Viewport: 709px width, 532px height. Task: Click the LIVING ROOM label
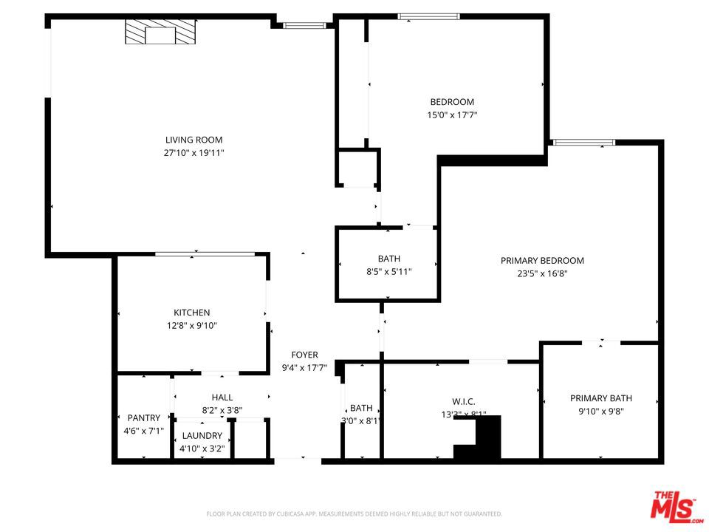pos(193,140)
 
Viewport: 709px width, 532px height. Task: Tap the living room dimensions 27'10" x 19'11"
pos(193,153)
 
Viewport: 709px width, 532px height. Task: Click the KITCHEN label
pos(192,313)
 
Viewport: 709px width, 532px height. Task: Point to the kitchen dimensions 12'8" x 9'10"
pos(192,326)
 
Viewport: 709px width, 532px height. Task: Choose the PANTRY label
pos(144,418)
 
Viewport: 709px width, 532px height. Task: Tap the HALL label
pos(222,398)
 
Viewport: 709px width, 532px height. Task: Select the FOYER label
pos(304,355)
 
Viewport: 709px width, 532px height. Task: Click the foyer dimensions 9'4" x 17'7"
pos(304,368)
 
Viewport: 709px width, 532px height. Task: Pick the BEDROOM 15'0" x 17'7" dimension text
pos(452,115)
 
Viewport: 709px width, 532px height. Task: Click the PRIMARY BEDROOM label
pos(542,261)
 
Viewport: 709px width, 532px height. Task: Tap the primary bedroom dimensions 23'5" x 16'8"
pos(542,274)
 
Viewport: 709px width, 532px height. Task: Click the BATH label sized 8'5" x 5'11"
pos(389,259)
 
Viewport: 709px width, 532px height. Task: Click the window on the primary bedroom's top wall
pos(584,143)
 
